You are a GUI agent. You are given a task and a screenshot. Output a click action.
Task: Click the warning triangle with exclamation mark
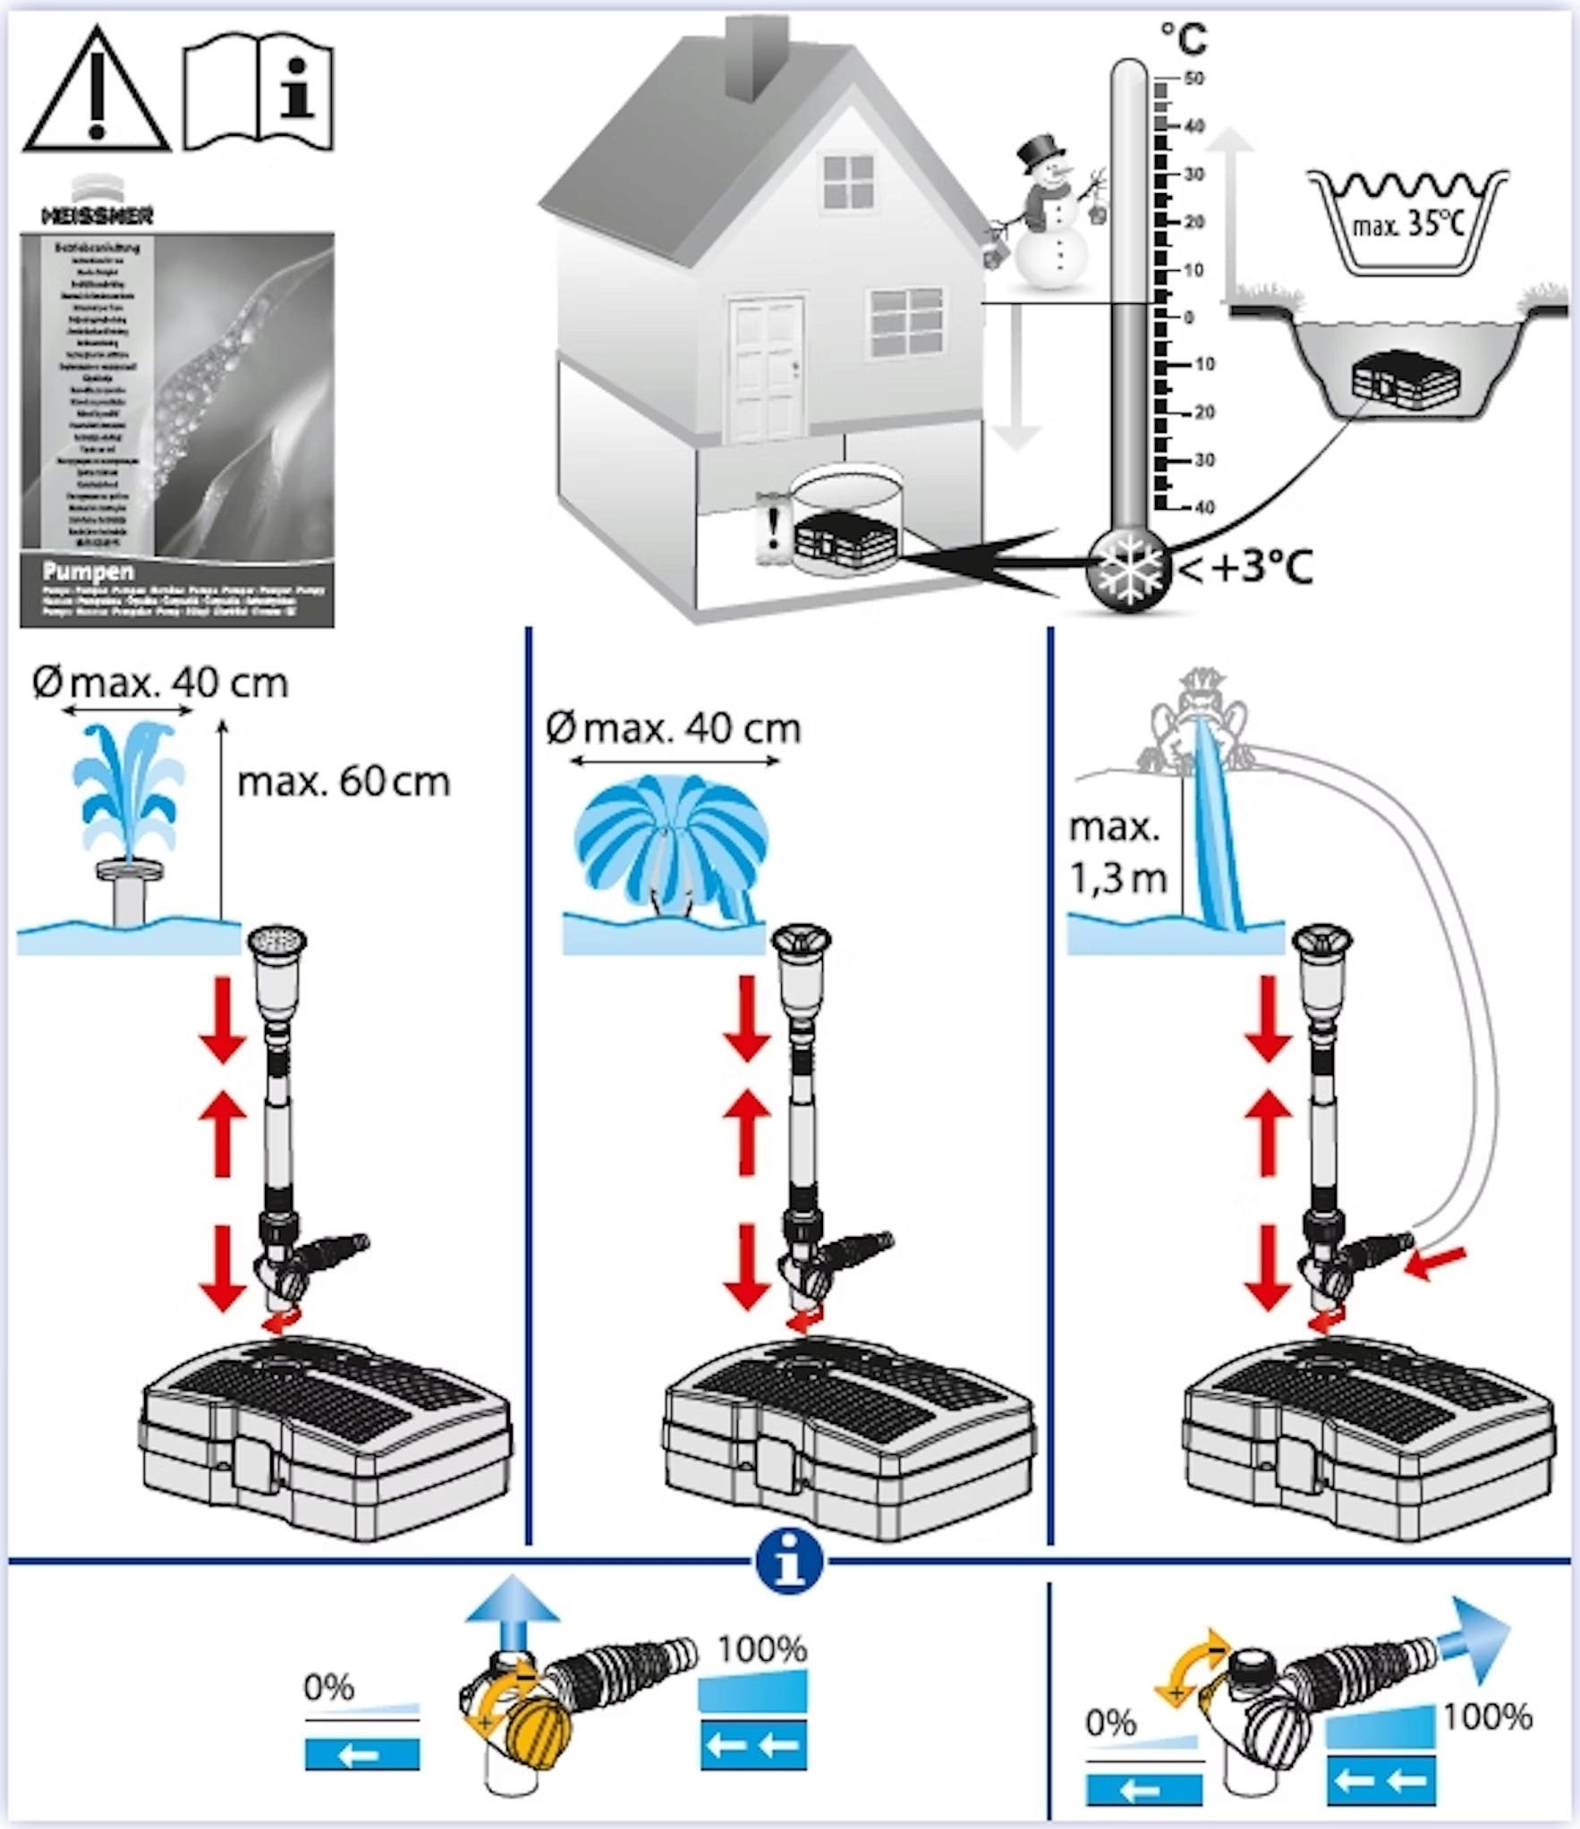[96, 93]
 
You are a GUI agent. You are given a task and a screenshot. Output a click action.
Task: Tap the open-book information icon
[259, 95]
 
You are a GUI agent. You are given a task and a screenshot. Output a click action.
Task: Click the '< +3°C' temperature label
[1248, 568]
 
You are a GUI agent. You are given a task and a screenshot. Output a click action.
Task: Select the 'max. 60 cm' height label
[343, 783]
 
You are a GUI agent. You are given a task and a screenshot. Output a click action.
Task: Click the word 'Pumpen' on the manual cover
[88, 572]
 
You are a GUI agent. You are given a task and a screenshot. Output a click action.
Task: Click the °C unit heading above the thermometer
[1183, 39]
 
